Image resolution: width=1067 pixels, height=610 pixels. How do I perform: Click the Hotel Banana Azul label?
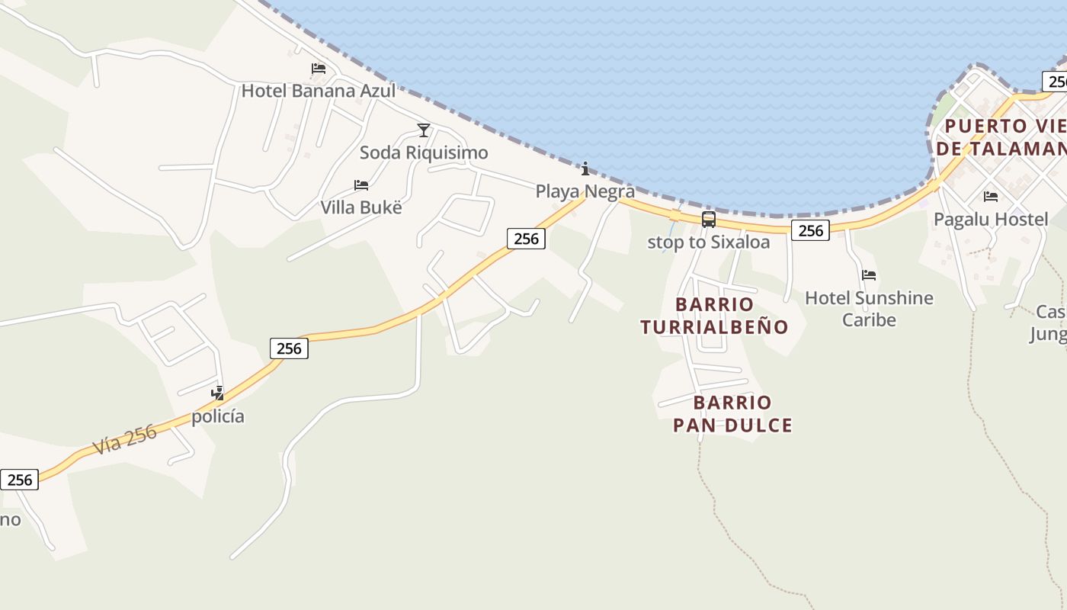tap(318, 91)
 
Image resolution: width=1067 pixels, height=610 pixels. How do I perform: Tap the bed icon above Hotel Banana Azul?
tap(319, 69)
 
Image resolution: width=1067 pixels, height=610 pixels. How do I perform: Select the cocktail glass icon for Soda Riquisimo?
tap(424, 130)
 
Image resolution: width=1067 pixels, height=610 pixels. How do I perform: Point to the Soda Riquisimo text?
tap(424, 152)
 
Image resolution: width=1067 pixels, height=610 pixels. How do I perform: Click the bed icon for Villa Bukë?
tap(361, 185)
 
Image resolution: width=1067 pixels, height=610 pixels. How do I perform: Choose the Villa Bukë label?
tap(360, 207)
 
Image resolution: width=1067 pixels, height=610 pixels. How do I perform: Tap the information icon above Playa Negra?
tap(585, 169)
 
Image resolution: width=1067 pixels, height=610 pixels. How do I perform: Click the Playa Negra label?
tap(585, 191)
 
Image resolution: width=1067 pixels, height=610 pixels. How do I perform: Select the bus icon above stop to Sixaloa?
tap(709, 220)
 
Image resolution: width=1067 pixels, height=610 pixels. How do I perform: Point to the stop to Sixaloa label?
tap(708, 242)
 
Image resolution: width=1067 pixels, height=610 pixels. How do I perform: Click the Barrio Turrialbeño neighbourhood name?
tap(714, 316)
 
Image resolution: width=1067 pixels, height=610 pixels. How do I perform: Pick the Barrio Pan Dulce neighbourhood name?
tap(732, 414)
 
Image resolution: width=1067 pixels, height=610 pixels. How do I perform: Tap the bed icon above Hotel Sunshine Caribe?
tap(869, 275)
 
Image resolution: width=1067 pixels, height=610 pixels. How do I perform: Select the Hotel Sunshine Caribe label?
tap(869, 308)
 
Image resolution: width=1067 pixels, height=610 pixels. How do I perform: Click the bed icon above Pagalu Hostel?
tap(991, 197)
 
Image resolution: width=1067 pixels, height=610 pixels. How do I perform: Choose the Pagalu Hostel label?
tap(991, 220)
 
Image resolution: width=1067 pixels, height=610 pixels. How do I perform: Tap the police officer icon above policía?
tap(218, 393)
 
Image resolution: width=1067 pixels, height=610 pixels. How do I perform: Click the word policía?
tap(218, 416)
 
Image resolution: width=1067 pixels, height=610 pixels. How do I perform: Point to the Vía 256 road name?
tap(125, 439)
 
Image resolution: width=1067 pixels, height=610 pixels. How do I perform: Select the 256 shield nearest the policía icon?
tap(289, 348)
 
